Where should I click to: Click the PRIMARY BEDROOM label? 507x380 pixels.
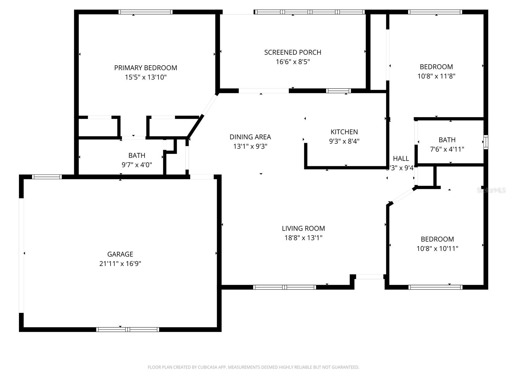click(145, 68)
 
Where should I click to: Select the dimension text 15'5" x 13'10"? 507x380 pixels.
click(145, 77)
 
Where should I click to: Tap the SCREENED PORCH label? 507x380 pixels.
click(292, 52)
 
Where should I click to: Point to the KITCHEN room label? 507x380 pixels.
click(344, 132)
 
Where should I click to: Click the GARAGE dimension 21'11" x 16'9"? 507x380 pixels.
click(120, 263)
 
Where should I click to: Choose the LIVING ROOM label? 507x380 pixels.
click(303, 228)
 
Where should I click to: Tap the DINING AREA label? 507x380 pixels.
click(250, 137)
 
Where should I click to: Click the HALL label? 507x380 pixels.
click(401, 158)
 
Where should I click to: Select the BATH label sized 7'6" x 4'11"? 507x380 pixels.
click(447, 140)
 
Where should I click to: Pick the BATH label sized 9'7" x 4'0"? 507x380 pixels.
click(137, 155)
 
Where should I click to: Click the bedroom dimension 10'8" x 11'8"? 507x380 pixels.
click(436, 76)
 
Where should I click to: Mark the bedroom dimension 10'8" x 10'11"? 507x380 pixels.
click(437, 249)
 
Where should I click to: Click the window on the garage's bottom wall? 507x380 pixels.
click(127, 329)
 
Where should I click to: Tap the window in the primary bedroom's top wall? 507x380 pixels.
click(145, 12)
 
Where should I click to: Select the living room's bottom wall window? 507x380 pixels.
click(284, 287)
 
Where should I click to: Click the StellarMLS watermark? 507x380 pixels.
click(491, 190)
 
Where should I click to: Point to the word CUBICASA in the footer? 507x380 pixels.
click(207, 367)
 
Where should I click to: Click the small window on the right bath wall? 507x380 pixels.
click(486, 142)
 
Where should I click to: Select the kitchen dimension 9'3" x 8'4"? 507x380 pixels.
click(344, 141)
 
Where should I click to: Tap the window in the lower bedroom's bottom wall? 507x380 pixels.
click(435, 287)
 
